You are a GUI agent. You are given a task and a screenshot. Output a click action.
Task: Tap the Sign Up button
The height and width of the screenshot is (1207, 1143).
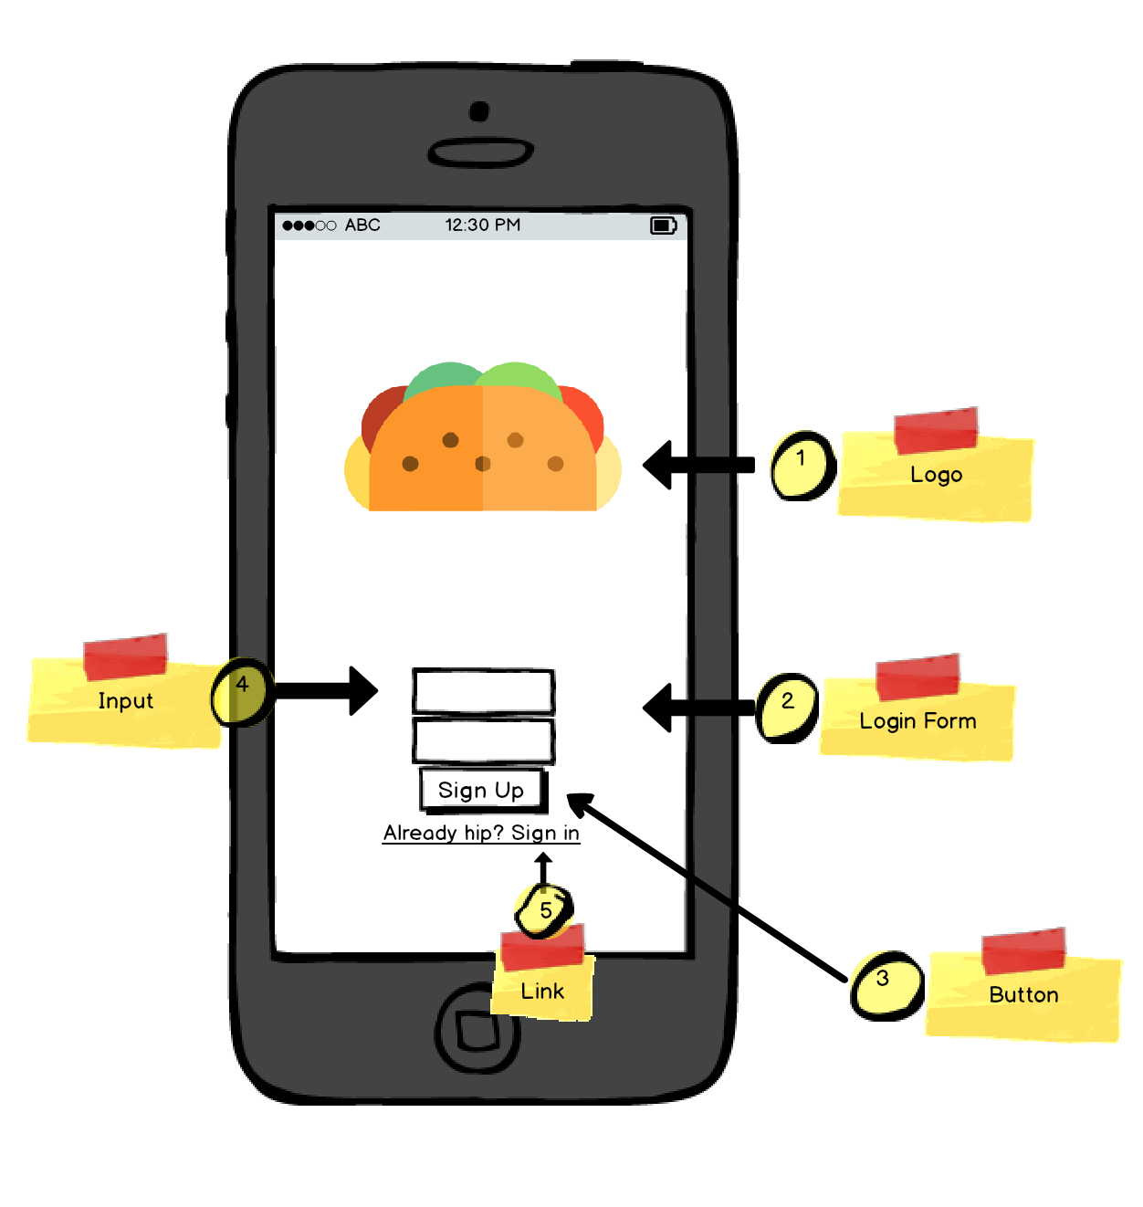tap(482, 790)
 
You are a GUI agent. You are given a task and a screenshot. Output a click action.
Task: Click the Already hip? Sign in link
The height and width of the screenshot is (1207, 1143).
tap(481, 833)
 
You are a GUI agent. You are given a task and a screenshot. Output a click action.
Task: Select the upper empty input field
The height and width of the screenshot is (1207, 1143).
tap(483, 691)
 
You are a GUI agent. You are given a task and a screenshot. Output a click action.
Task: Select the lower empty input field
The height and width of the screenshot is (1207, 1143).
tap(483, 740)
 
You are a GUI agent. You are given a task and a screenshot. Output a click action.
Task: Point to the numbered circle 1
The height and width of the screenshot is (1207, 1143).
tap(802, 466)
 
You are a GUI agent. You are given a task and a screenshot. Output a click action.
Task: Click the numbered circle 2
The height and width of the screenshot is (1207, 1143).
tap(787, 708)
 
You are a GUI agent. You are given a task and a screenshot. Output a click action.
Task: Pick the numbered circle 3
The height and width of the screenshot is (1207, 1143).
tap(886, 985)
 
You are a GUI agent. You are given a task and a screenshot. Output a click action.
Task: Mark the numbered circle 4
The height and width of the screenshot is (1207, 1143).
tap(242, 692)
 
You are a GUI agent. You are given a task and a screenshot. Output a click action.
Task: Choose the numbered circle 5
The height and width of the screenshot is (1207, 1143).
tap(544, 909)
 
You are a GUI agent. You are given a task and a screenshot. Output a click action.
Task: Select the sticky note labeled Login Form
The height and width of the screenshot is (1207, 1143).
tap(918, 720)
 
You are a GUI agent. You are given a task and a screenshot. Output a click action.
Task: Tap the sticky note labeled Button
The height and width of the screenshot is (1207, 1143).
tap(1023, 995)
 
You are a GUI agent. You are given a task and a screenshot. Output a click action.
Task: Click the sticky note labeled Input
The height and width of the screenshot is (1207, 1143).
tap(125, 701)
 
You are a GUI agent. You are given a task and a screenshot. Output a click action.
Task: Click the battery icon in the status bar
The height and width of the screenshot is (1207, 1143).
tap(663, 226)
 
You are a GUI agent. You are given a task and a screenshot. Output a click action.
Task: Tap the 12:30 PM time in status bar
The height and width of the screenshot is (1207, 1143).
tap(482, 226)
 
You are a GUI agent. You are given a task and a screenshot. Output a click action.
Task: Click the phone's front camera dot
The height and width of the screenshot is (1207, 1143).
tap(479, 111)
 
